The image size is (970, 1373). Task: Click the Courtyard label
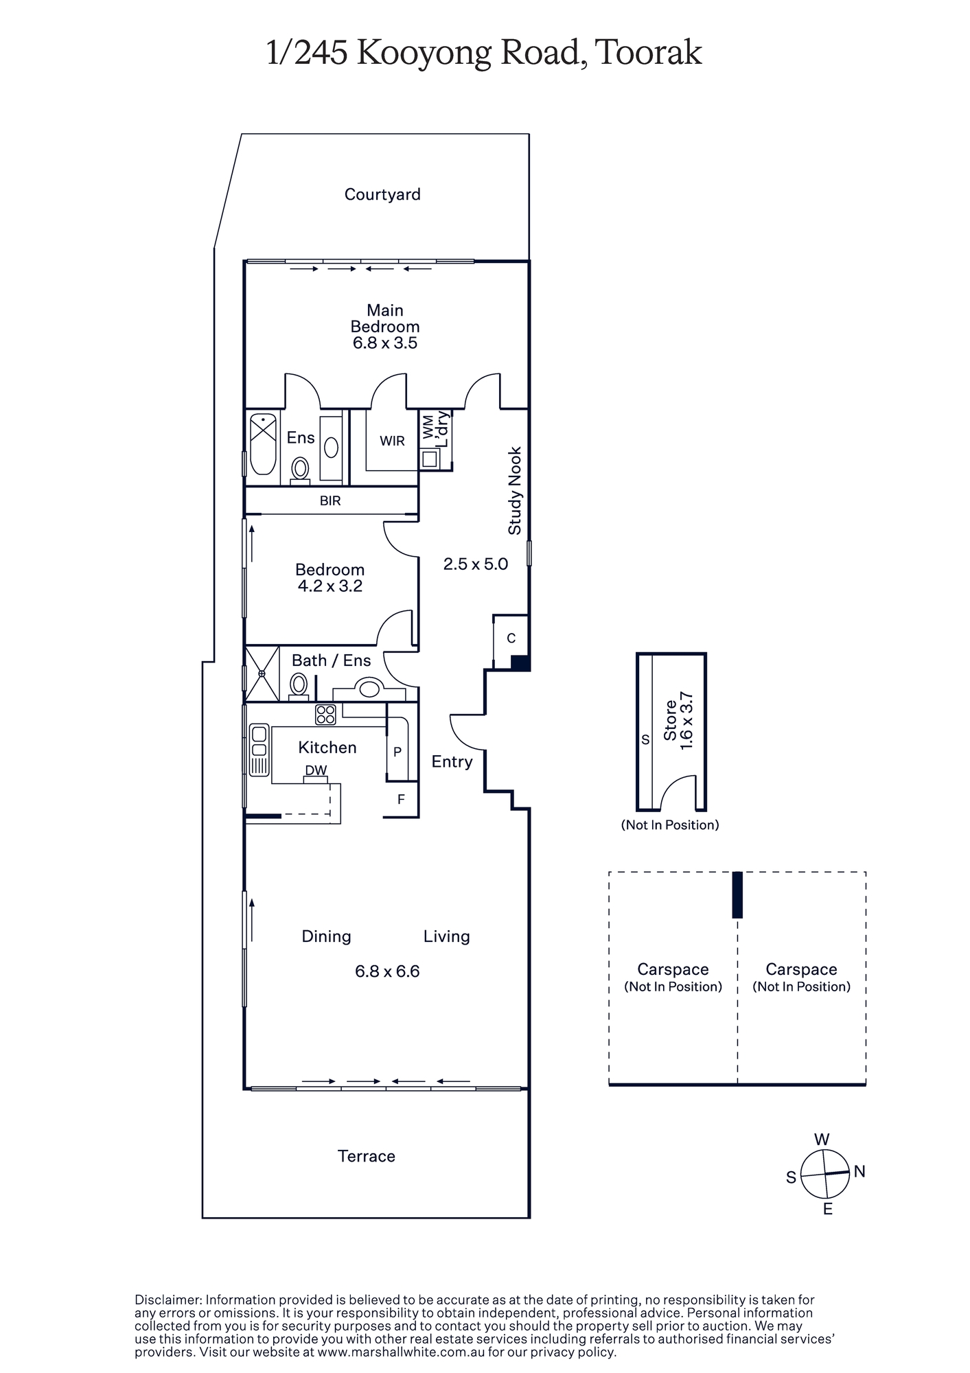[x=382, y=194]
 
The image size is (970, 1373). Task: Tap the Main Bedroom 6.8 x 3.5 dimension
[x=385, y=343]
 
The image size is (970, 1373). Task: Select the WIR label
[x=392, y=441]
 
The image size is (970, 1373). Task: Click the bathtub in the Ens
[x=262, y=443]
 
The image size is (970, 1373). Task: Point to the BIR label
[x=330, y=500]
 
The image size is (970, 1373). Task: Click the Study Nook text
[x=515, y=491]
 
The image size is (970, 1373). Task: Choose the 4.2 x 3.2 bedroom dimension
[x=330, y=586]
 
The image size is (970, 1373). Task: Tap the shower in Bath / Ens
[x=262, y=673]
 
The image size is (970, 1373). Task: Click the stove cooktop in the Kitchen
[x=325, y=715]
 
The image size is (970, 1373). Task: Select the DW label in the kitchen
[x=316, y=770]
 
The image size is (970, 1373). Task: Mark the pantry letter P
[x=397, y=752]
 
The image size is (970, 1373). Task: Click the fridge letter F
[x=401, y=799]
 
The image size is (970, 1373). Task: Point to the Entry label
[x=452, y=761]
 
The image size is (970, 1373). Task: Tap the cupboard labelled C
[x=511, y=638]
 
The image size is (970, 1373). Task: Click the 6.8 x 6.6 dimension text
[x=387, y=971]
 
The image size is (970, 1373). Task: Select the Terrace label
[x=367, y=1156]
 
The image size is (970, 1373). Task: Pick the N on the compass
[x=859, y=1171]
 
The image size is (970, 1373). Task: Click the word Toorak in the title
[x=649, y=53]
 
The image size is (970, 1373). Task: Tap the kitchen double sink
[x=259, y=750]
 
